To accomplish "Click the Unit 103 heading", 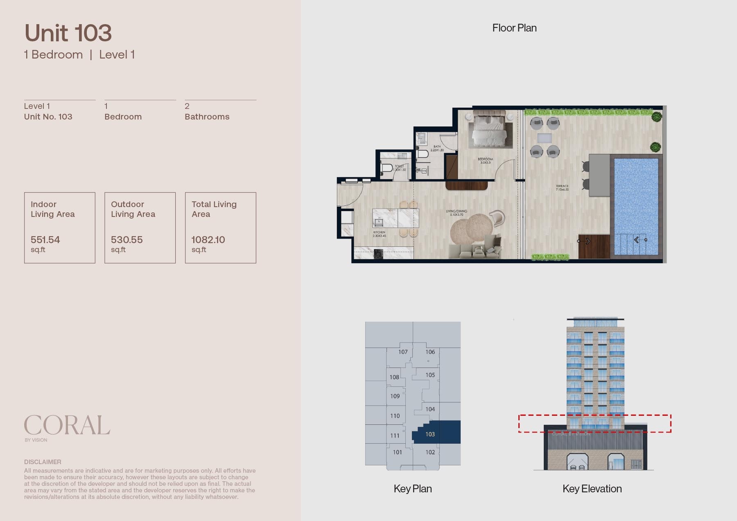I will click(68, 33).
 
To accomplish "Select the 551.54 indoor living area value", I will click(45, 240).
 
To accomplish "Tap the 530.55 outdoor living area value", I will click(127, 240).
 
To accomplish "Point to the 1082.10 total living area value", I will click(208, 240).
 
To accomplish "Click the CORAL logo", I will click(67, 425).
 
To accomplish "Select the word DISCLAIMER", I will click(43, 462).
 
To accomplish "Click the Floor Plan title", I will click(514, 28).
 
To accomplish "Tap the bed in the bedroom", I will click(490, 129).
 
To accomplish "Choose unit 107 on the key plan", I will click(403, 352).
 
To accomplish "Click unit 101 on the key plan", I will click(397, 452).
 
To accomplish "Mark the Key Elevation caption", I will click(592, 489).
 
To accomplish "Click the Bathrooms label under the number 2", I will click(207, 117).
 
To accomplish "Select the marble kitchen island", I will click(396, 218).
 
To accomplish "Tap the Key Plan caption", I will click(413, 489).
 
